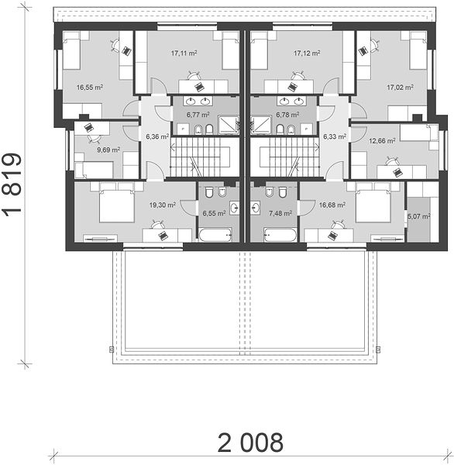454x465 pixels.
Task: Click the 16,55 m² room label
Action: [x=90, y=88]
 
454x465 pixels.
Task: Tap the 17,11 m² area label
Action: [x=184, y=53]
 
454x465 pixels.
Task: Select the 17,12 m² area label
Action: [x=307, y=53]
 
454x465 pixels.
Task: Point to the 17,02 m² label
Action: [x=401, y=88]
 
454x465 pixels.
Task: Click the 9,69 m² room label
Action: [x=108, y=150]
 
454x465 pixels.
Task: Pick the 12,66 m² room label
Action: [x=382, y=141]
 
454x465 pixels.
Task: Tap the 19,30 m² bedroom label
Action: [x=162, y=205]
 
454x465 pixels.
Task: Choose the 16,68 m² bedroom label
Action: [x=332, y=205]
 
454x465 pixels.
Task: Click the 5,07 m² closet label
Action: [x=418, y=216]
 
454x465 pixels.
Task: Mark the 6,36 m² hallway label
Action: [x=157, y=136]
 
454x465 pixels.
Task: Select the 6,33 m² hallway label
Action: [x=335, y=136]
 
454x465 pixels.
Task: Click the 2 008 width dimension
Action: [x=250, y=443]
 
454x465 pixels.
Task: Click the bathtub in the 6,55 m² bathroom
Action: [x=215, y=235]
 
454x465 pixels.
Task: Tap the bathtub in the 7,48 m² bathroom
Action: [x=280, y=235]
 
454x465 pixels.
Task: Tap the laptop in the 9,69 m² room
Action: [x=88, y=128]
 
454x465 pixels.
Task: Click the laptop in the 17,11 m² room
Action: [x=199, y=87]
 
